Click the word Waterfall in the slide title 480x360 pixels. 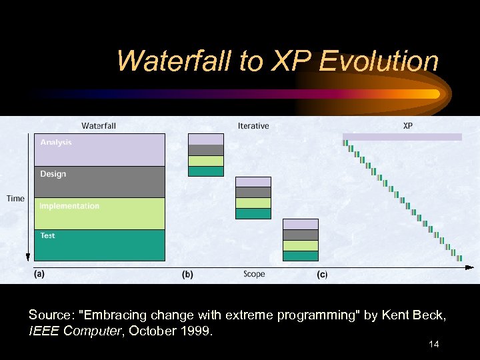click(x=173, y=61)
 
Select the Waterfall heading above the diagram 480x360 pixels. click(x=99, y=125)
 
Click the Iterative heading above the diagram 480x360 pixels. click(x=253, y=125)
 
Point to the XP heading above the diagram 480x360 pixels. click(x=408, y=125)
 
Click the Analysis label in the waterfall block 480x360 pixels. click(x=56, y=142)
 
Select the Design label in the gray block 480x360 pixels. click(x=53, y=174)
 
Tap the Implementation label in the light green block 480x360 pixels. click(x=69, y=206)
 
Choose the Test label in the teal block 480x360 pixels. click(x=48, y=235)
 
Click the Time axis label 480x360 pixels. click(x=15, y=198)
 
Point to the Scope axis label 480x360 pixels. click(x=254, y=274)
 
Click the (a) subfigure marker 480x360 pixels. click(x=39, y=274)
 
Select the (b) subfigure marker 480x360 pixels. click(x=188, y=274)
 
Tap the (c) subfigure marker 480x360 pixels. click(x=322, y=275)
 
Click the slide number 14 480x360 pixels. click(x=433, y=344)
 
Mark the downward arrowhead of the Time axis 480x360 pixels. click(x=28, y=256)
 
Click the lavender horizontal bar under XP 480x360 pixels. click(x=402, y=137)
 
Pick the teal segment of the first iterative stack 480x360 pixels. click(x=205, y=171)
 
